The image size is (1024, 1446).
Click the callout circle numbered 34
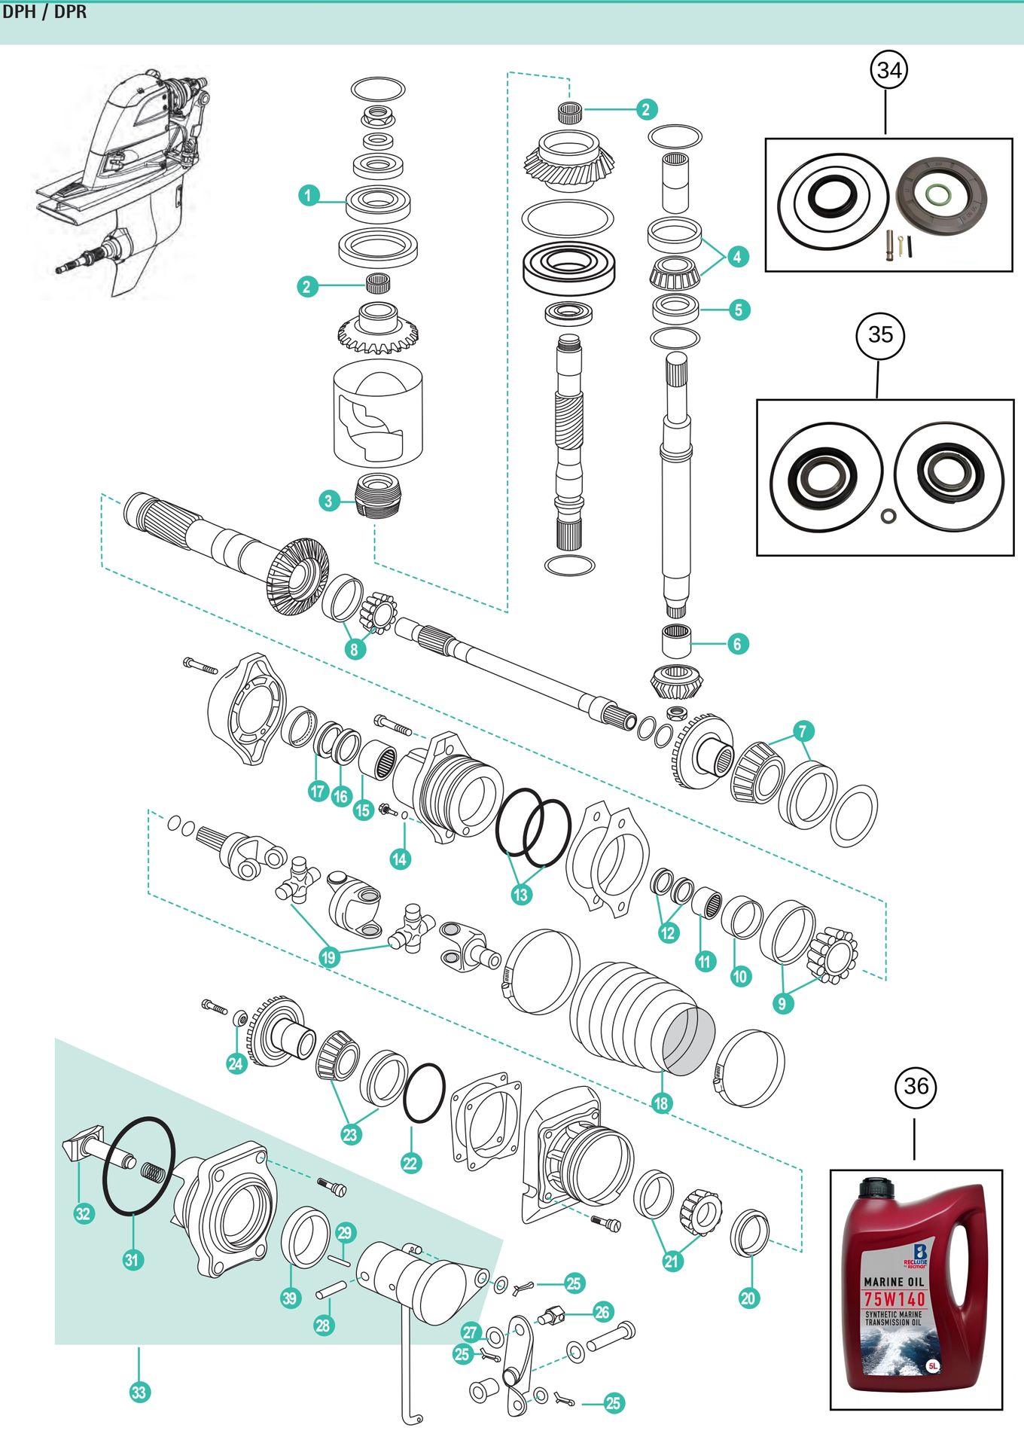[x=889, y=70]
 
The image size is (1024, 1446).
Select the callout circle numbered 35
[x=880, y=334]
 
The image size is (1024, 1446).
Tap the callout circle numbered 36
[x=916, y=1086]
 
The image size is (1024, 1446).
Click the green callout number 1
[x=308, y=196]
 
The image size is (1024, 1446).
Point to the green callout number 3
[x=328, y=501]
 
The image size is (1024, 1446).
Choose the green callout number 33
[x=139, y=1392]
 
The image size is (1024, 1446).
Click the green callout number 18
[x=661, y=1103]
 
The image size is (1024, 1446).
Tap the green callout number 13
[x=521, y=894]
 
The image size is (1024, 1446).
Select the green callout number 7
[x=803, y=731]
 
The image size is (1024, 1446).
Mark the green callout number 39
[x=291, y=1298]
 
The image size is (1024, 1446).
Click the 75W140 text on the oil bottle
[x=894, y=1299]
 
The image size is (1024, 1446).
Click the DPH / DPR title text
[x=44, y=12]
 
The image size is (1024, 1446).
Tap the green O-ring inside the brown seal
[x=938, y=194]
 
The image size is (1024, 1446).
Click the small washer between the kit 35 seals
[x=888, y=515]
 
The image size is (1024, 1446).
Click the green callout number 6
[x=737, y=644]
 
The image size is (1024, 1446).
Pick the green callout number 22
[x=410, y=1163]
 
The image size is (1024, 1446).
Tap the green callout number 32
[x=83, y=1213]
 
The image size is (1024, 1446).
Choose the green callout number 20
[x=748, y=1298]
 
